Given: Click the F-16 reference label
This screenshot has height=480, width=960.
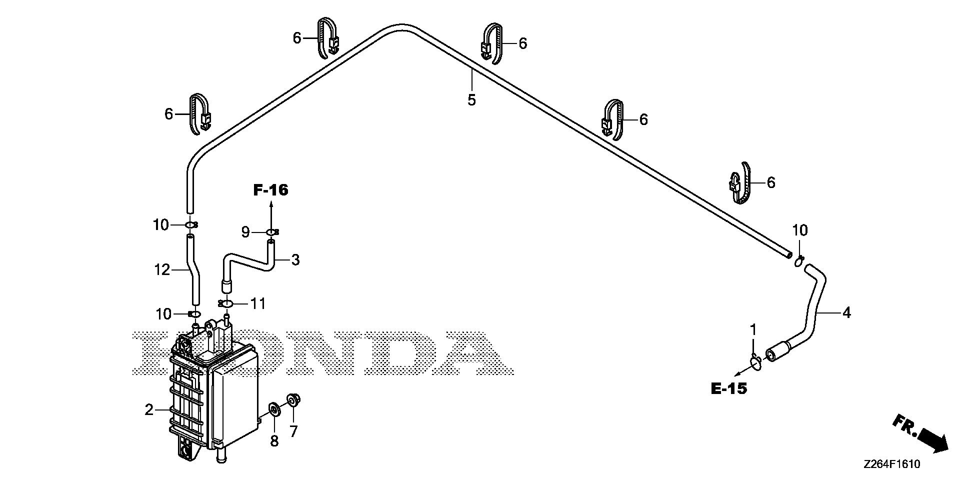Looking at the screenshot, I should pos(270,190).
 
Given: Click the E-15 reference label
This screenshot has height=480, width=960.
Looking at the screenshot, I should pos(728,388).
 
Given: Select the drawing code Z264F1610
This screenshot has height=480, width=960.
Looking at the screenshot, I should pos(891,464).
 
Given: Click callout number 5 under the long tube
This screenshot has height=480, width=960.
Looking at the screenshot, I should pos(471,100).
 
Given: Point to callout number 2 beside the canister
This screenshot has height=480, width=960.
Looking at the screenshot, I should pos(149,410).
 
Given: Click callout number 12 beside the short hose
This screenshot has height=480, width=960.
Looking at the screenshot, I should pos(162,270).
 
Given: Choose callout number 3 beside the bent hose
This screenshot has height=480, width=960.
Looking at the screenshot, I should pos(295,260).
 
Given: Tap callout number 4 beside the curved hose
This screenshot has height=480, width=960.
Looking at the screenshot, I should pos(846,313).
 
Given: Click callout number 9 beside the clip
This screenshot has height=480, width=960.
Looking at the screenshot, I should pos(245,232).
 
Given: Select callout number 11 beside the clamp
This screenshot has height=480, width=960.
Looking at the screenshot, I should pos(258,303).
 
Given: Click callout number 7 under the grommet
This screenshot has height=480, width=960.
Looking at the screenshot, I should pos(293,430).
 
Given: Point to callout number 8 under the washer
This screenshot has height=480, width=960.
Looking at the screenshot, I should pos(274,441).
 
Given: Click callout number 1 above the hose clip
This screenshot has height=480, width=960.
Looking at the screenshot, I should pos(753,330).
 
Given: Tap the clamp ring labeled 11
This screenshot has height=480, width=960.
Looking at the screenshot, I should pos(226,303).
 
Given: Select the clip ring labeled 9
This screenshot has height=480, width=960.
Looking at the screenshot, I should pos(271,232).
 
